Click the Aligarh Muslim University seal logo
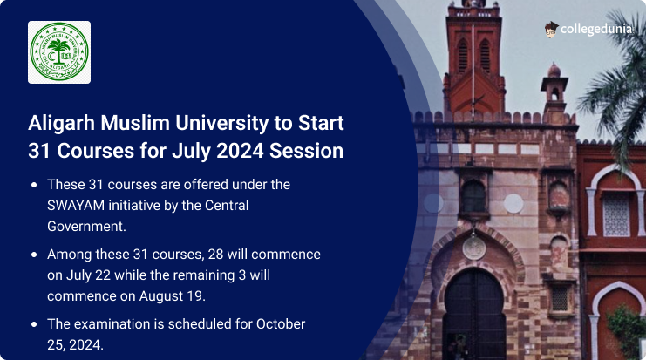coord(59,52)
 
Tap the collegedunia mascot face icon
coord(551,30)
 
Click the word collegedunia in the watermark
coord(595,29)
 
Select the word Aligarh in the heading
coord(61,123)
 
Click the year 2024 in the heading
coord(240,151)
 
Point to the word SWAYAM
coord(76,205)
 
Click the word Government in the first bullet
coord(86,226)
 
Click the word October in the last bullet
coord(281,323)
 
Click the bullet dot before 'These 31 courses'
coord(34,185)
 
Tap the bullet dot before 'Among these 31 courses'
coord(34,255)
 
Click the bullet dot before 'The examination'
coord(34,324)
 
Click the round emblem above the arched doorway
coord(473,248)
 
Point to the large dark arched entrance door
coord(474,314)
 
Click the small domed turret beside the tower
coord(554,89)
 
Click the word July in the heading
coord(192,152)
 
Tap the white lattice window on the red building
coord(616,215)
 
